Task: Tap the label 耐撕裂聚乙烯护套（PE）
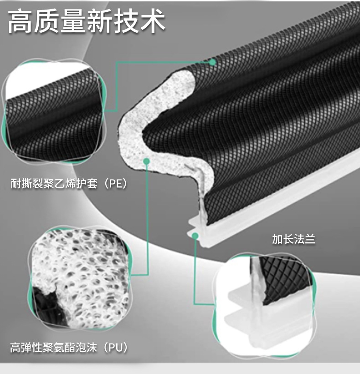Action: coord(68,184)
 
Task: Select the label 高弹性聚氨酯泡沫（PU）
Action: coord(68,348)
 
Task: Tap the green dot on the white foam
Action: coord(147,160)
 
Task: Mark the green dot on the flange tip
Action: coord(195,236)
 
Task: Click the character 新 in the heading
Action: coord(101,22)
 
